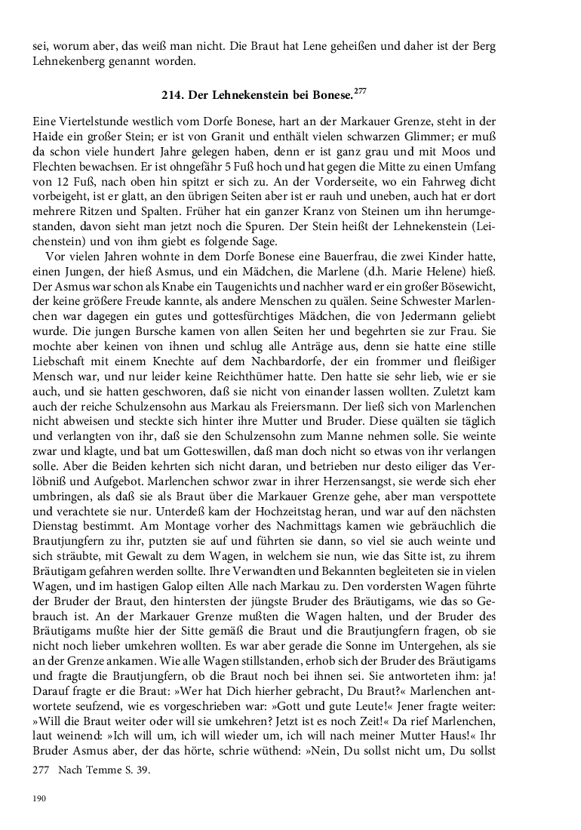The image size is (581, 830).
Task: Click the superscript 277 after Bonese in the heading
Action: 360,92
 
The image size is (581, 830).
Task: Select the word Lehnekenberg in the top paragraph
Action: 66,61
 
